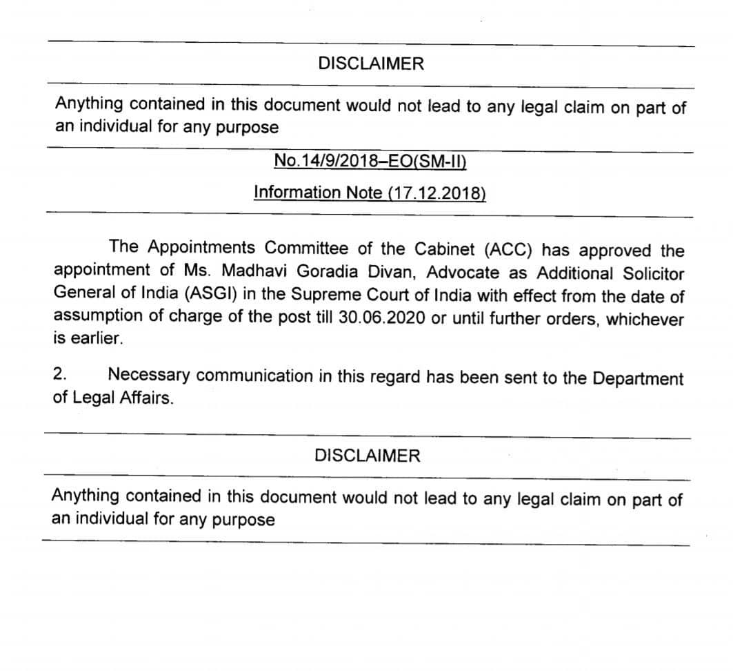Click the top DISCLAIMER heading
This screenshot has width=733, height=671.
coord(371,64)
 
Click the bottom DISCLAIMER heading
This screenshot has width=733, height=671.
coord(367,456)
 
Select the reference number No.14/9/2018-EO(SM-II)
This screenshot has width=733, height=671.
coord(370,161)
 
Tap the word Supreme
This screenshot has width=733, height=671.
coord(326,295)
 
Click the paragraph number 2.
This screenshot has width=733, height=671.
coord(61,375)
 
